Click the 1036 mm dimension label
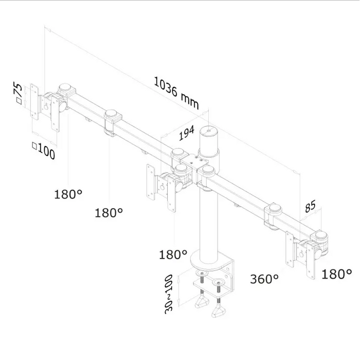[176, 93]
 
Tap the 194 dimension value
[186, 133]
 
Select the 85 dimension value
[311, 206]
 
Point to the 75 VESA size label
[19, 93]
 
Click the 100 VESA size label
[44, 150]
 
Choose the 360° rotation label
[264, 279]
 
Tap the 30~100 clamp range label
[169, 294]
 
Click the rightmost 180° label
[336, 274]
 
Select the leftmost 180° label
[68, 194]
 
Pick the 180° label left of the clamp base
[173, 255]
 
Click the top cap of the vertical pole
[209, 131]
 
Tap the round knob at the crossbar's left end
[65, 88]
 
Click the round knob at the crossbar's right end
[321, 236]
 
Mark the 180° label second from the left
[109, 213]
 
